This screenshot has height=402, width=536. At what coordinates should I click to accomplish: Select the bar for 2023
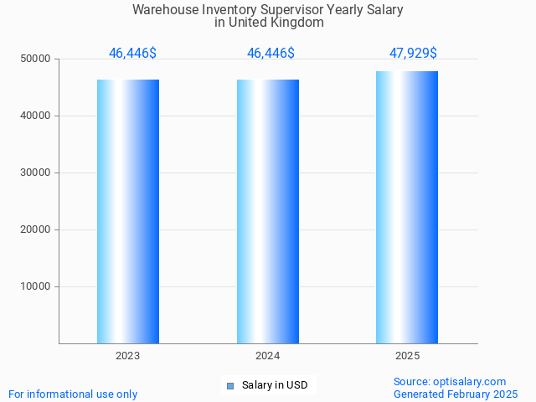(128, 211)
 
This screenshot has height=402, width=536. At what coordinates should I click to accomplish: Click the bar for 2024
(268, 211)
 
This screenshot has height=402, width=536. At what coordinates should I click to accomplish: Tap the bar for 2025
(407, 207)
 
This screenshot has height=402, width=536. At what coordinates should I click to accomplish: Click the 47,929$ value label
(413, 54)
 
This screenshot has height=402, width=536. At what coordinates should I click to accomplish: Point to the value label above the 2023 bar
(132, 54)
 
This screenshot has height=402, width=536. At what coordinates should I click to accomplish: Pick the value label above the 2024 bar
(271, 54)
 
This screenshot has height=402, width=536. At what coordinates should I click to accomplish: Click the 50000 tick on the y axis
(36, 59)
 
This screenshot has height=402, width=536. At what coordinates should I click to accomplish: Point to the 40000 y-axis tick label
(36, 116)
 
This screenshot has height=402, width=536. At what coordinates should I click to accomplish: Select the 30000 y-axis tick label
(36, 173)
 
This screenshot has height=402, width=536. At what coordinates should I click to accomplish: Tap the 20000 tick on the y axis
(36, 230)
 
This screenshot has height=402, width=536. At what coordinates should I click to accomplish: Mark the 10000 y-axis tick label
(36, 287)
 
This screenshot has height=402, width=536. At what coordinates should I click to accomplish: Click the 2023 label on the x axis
(128, 356)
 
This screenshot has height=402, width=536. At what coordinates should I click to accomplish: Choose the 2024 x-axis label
(268, 356)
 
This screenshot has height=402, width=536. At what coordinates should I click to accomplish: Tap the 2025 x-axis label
(407, 356)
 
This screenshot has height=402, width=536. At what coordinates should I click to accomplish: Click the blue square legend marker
(230, 385)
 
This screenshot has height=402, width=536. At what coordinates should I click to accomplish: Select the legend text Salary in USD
(275, 385)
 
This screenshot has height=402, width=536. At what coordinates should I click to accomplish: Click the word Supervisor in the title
(296, 10)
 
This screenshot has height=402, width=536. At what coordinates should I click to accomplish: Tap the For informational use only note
(73, 394)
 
